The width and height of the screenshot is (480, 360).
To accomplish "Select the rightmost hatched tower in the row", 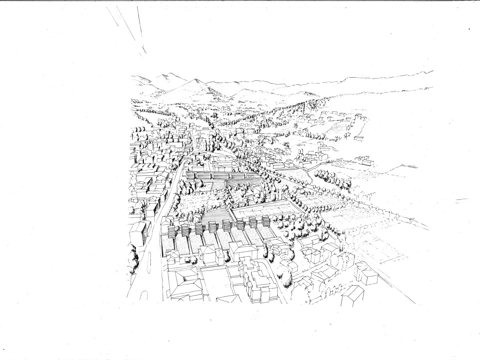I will tap(265, 220).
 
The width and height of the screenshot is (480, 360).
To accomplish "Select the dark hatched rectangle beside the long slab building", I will tap(244, 183).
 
